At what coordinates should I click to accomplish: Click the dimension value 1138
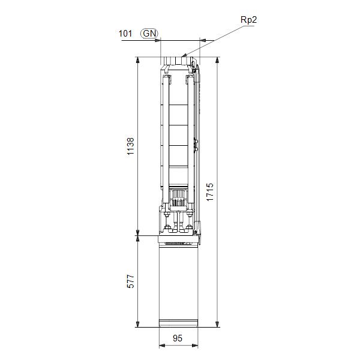click(130, 146)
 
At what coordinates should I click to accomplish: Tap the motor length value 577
click(130, 281)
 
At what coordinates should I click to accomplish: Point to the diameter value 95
click(178, 338)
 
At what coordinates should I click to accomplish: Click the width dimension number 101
click(125, 34)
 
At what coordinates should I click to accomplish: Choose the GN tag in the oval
click(149, 34)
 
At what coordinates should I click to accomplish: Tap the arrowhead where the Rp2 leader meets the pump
click(184, 56)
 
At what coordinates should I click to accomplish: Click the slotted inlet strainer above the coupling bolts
click(178, 194)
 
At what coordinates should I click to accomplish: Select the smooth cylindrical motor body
click(178, 282)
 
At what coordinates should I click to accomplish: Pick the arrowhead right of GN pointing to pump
click(160, 41)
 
